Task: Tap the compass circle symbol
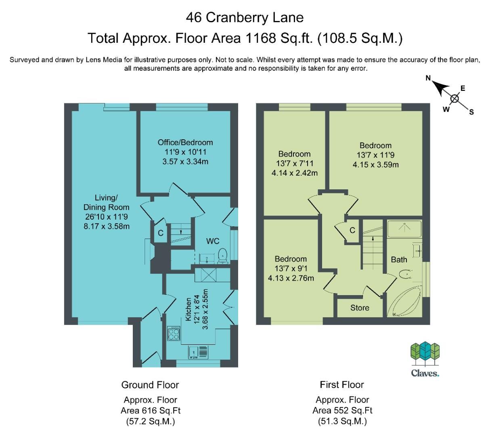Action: (454, 98)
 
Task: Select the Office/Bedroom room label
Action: (185, 142)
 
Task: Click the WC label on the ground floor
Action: (213, 241)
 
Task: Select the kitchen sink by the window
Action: (198, 352)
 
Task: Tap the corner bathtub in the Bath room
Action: (404, 301)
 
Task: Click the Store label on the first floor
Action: (360, 308)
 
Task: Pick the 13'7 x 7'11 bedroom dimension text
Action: (294, 163)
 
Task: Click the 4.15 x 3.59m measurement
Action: (375, 165)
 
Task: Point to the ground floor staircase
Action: (180, 235)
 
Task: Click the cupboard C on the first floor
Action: (352, 230)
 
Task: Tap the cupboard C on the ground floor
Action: (160, 233)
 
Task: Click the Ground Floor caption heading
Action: (150, 385)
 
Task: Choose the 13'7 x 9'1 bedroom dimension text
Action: (291, 268)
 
